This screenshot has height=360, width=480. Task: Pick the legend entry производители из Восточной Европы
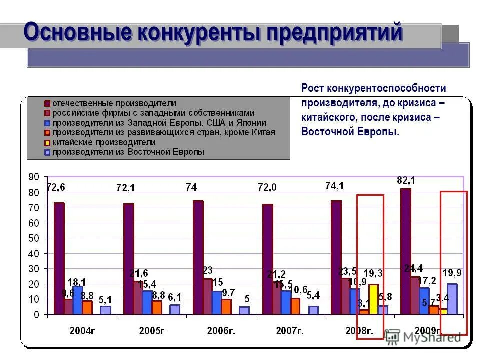click(128, 152)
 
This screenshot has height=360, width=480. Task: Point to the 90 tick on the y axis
click(34, 177)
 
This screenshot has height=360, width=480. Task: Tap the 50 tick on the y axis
click(34, 238)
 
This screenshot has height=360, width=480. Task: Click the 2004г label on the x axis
click(82, 330)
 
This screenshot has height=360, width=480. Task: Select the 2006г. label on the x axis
click(221, 330)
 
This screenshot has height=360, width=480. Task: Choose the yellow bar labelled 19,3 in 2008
click(373, 299)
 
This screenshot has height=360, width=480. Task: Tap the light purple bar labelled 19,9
click(452, 299)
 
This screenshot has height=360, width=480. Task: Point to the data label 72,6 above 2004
click(56, 187)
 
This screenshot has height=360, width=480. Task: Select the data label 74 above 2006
click(191, 187)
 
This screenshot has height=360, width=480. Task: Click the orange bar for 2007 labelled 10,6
click(295, 306)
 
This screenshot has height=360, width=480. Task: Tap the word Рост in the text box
click(313, 88)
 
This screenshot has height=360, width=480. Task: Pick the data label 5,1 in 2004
click(105, 300)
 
